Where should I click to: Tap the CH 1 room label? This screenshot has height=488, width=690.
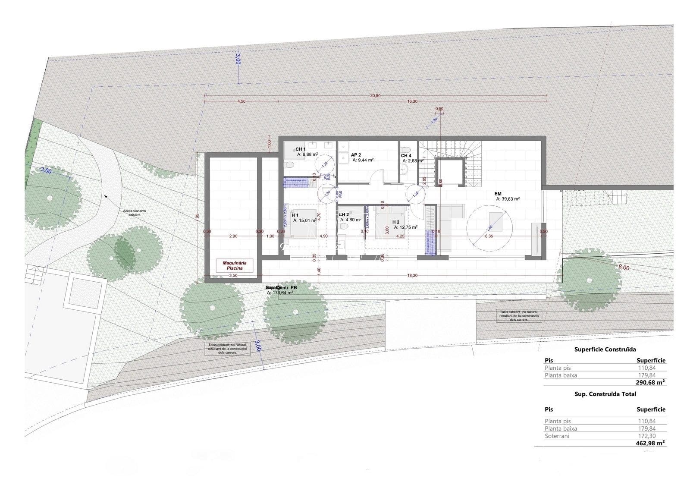[301, 149]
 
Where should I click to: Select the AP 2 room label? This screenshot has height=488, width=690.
[356, 154]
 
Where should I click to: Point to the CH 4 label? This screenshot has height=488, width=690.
[406, 156]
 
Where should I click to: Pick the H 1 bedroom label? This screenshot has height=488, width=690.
[295, 215]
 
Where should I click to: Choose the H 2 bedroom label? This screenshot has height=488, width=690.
[396, 222]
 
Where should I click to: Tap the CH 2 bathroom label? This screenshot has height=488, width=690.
[344, 214]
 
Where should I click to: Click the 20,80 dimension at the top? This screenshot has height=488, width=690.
[375, 96]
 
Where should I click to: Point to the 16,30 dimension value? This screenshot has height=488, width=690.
[412, 101]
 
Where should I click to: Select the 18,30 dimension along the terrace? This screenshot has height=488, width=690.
[412, 275]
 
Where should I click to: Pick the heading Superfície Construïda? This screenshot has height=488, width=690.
[605, 349]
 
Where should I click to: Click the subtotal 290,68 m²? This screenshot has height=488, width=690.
[650, 382]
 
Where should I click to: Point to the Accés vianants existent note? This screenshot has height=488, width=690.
[135, 213]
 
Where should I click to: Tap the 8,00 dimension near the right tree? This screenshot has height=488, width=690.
[624, 268]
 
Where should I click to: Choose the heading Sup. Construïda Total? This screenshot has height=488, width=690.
[605, 394]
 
